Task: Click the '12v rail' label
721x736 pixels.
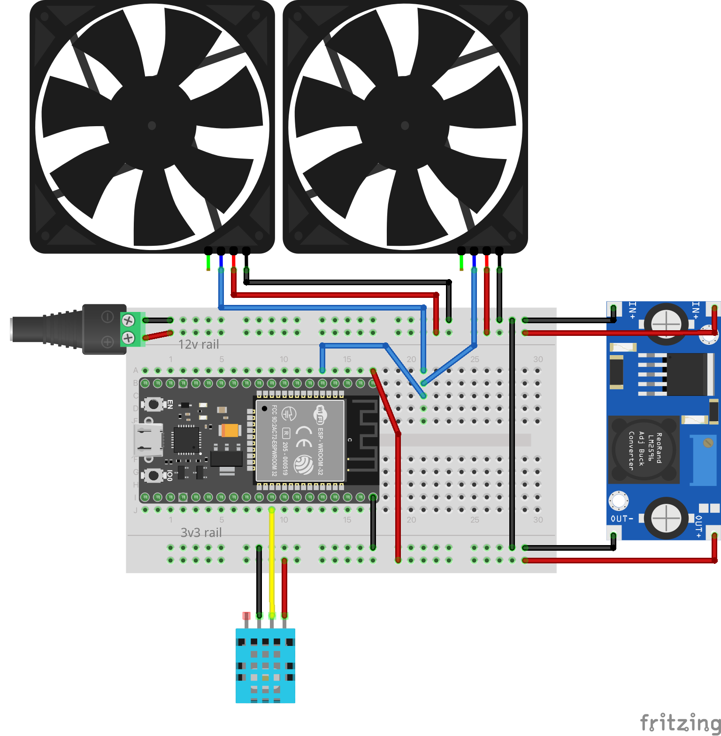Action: tap(199, 345)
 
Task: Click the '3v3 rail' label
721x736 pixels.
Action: tap(201, 533)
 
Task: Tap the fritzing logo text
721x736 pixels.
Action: tap(680, 722)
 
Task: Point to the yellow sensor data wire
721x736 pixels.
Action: tap(272, 563)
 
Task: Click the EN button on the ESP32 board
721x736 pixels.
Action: tap(153, 404)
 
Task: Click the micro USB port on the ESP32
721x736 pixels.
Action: tap(148, 440)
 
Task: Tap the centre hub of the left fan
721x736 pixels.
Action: tap(152, 125)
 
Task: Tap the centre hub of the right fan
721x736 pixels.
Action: tap(405, 125)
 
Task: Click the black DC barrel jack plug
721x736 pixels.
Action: tap(70, 329)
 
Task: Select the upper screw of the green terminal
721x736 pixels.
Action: tap(128, 320)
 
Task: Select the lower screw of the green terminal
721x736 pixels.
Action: tap(128, 337)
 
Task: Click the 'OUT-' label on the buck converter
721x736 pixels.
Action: tap(621, 519)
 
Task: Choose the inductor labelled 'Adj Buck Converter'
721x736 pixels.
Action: tap(644, 450)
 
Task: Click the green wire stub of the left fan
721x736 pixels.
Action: tap(208, 263)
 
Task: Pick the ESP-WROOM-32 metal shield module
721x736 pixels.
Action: tap(300, 440)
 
